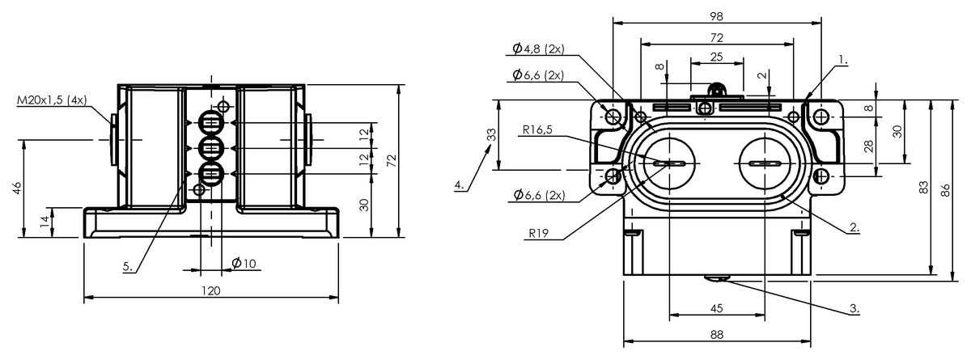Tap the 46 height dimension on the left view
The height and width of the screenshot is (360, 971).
[17, 188]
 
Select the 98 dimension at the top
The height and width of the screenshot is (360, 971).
[715, 16]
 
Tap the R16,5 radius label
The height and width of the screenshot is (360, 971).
[537, 129]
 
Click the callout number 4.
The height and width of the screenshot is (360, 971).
[459, 185]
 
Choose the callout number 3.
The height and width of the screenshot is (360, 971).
[854, 309]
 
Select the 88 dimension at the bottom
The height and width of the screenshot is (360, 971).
[715, 333]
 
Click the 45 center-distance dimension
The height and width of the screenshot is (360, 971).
[715, 307]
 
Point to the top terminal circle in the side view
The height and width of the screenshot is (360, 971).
[211, 125]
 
